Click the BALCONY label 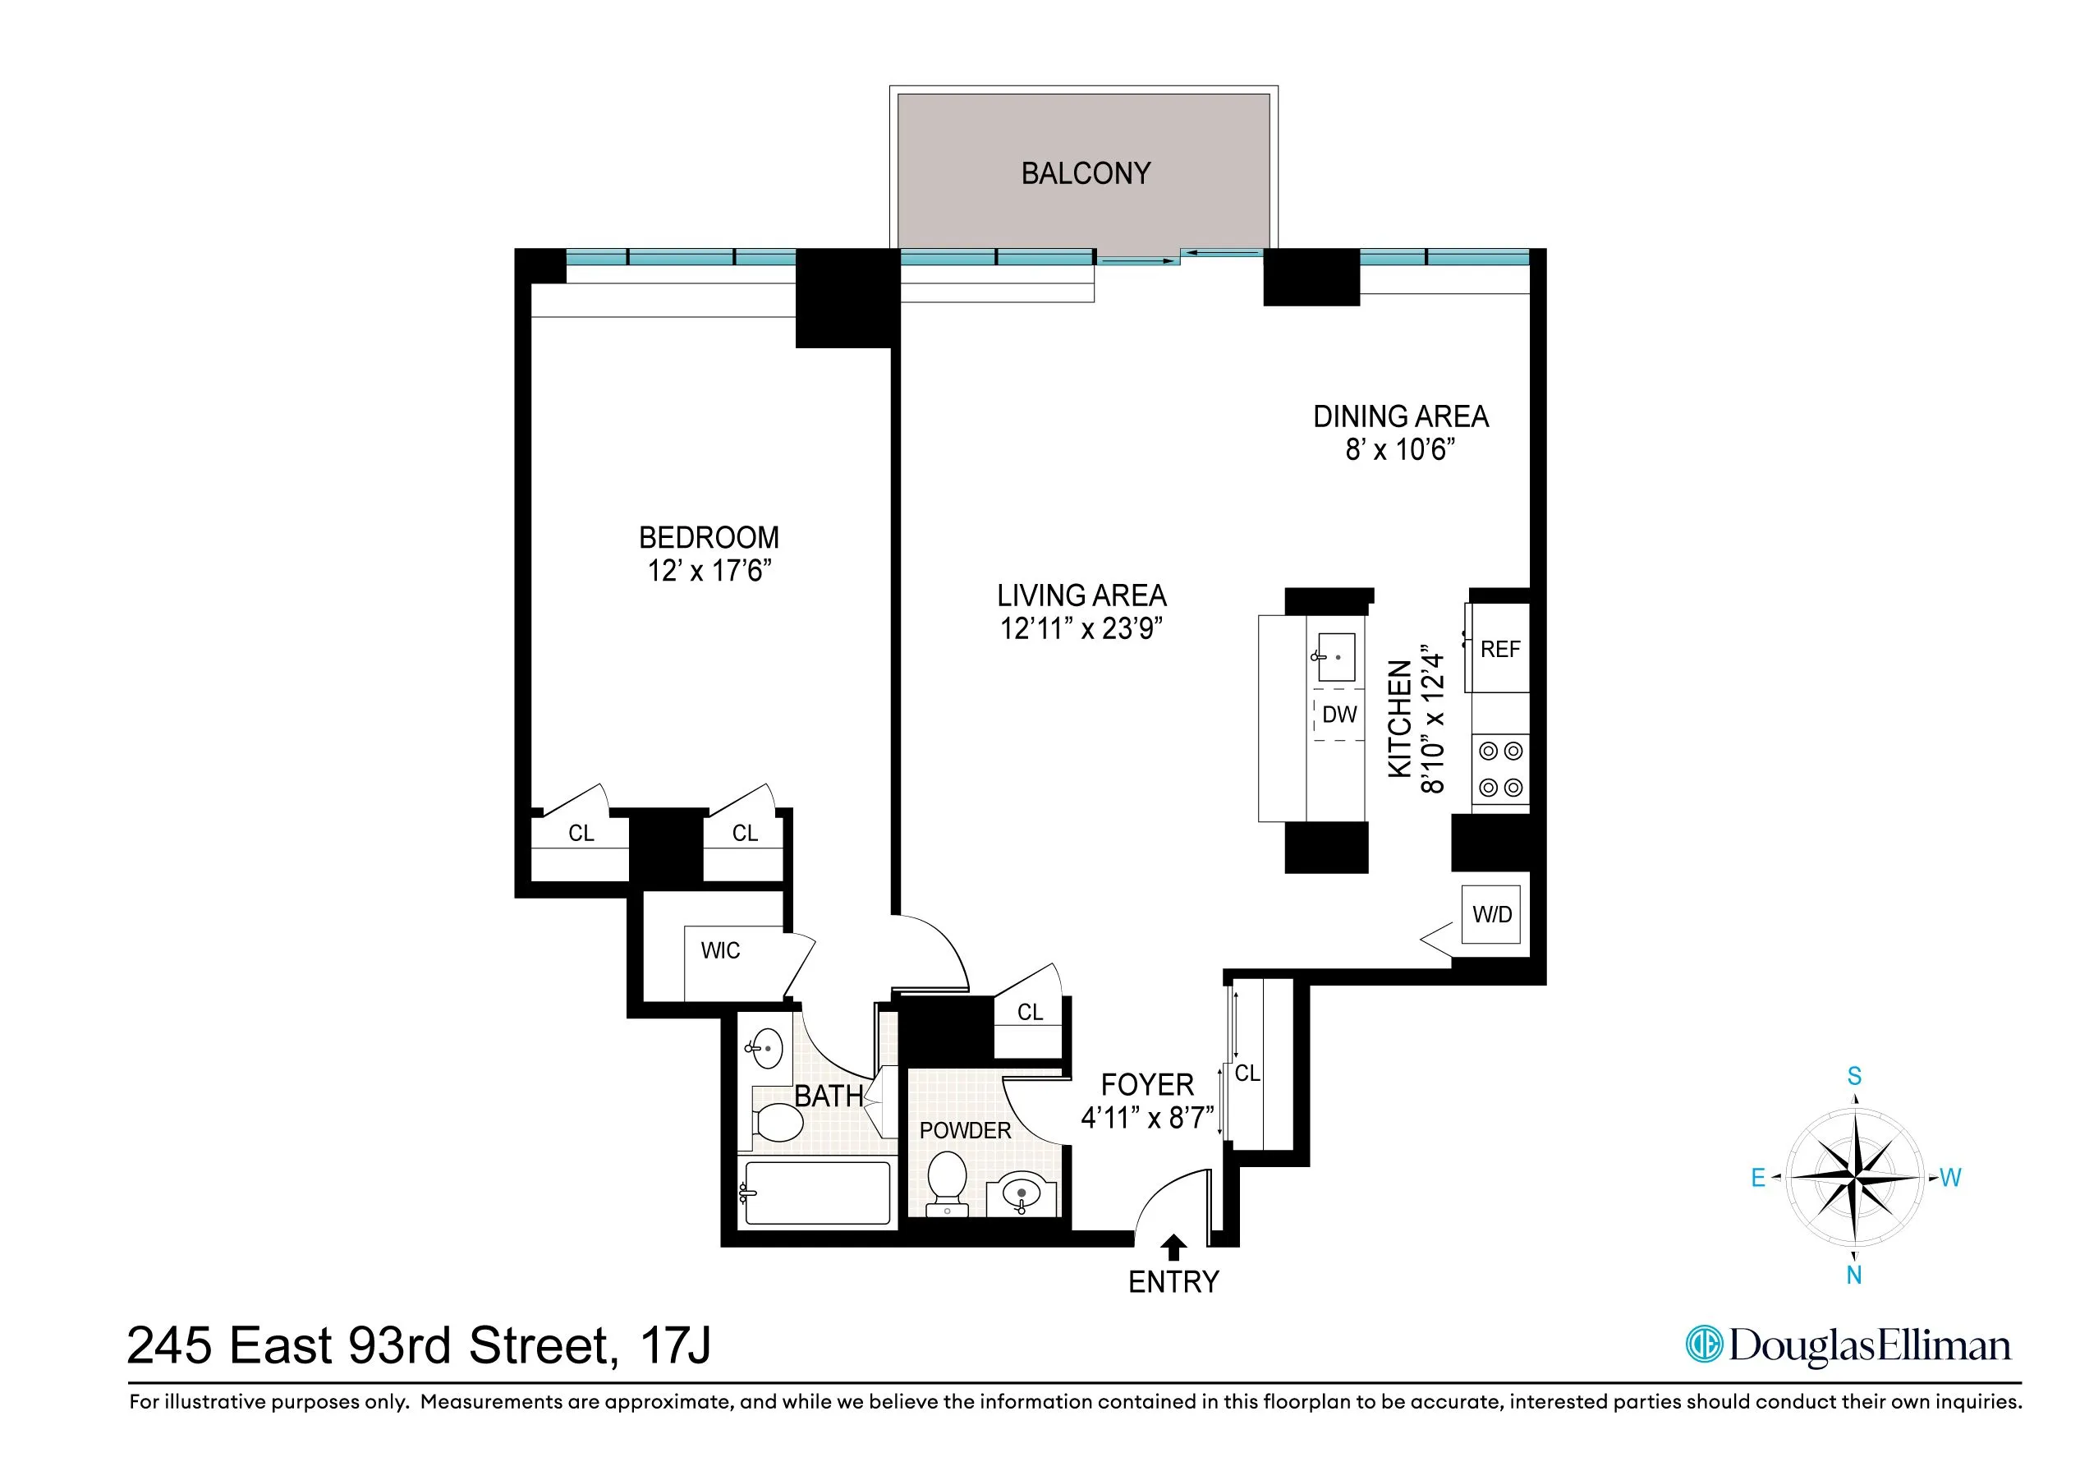click(x=1086, y=173)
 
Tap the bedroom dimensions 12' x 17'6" click(x=709, y=571)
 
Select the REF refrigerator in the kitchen click(x=1499, y=649)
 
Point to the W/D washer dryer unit click(x=1491, y=914)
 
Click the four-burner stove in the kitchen click(x=1500, y=770)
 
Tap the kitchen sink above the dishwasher click(x=1335, y=656)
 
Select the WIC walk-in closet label click(x=720, y=951)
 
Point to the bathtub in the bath click(x=815, y=1193)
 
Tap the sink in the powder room click(x=1022, y=1193)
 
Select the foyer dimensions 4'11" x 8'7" click(x=1147, y=1119)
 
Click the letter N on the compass click(x=1853, y=1276)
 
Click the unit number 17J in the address click(x=676, y=1345)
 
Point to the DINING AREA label click(x=1401, y=417)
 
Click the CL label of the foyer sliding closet click(x=1247, y=1073)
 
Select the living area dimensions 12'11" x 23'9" click(x=1081, y=629)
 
